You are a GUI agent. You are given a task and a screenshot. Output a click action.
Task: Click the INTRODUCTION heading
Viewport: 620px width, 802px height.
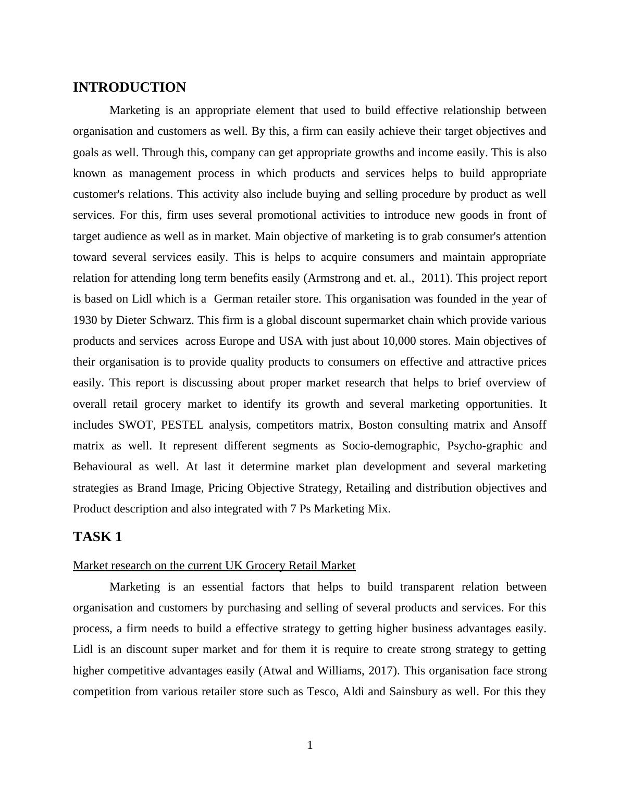(129, 87)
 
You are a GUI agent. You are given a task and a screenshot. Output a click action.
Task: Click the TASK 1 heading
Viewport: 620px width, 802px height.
(97, 537)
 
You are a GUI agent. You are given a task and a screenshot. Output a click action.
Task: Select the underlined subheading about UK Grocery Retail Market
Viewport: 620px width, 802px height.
(214, 566)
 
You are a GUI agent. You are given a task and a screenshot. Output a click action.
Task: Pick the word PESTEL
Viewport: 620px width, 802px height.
(182, 425)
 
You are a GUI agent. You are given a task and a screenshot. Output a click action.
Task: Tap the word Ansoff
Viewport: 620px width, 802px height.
(529, 425)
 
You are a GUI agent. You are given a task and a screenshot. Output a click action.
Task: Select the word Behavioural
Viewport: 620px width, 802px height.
(103, 467)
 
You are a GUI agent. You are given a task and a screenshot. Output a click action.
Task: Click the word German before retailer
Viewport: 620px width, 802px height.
(232, 299)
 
